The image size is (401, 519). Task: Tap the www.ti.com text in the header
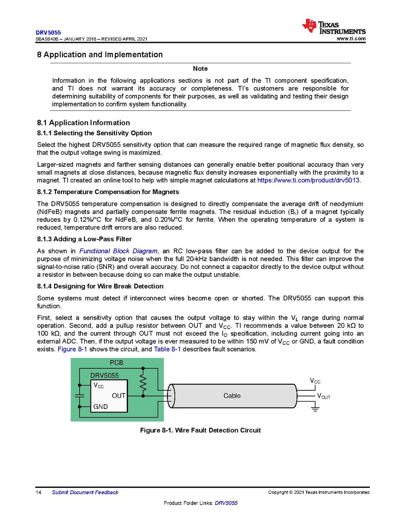tap(351, 39)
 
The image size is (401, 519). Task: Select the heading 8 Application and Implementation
tap(100, 55)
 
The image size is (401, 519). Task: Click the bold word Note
tap(200, 69)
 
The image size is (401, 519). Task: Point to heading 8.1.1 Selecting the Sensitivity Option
tap(94, 133)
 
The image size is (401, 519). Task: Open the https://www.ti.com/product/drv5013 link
tap(308, 180)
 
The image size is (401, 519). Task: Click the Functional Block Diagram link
tap(118, 251)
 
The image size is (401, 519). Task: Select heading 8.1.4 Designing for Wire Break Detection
tap(100, 286)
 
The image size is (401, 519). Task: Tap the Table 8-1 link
tap(167, 350)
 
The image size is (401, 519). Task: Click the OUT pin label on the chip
tap(118, 396)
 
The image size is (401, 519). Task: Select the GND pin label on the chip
tap(100, 407)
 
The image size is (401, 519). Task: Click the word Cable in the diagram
tap(232, 396)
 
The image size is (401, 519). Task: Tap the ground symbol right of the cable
tap(314, 409)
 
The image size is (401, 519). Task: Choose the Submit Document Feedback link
tap(85, 492)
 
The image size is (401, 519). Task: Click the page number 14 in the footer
tap(39, 492)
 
